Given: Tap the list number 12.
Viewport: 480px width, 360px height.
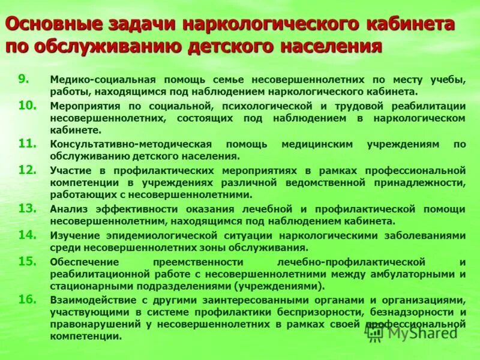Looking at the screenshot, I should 27,170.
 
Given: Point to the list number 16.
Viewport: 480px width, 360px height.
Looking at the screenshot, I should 27,299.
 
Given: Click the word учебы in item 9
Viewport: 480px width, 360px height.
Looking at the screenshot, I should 448,80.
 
